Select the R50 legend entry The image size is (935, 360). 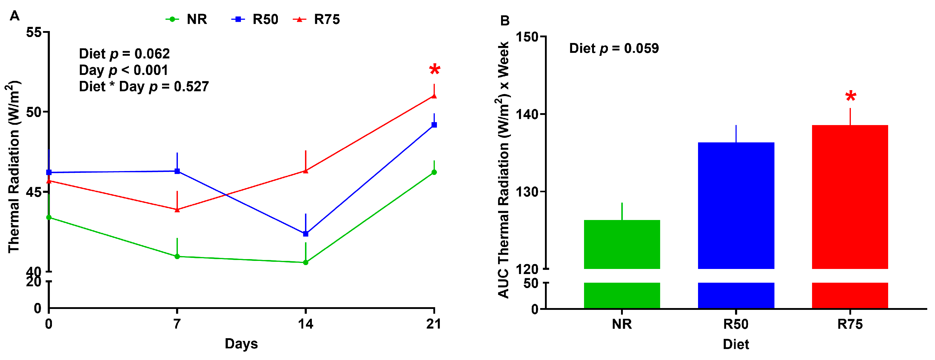pyautogui.click(x=255, y=19)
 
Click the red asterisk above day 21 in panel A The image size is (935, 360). pyautogui.click(x=435, y=70)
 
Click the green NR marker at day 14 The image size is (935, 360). pyautogui.click(x=306, y=262)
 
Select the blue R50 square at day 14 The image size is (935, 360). pyautogui.click(x=306, y=234)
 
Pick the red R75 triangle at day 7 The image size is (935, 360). pyautogui.click(x=177, y=209)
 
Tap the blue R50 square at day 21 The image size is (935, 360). pyautogui.click(x=434, y=125)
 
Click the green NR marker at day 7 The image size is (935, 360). pyautogui.click(x=177, y=256)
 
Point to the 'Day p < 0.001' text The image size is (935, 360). pyautogui.click(x=124, y=70)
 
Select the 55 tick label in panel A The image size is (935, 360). pyautogui.click(x=34, y=32)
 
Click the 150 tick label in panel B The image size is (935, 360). pyautogui.click(x=527, y=37)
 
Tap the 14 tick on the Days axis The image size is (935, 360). pyautogui.click(x=306, y=323)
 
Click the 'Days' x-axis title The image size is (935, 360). pyautogui.click(x=241, y=343)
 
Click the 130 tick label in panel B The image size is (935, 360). pyautogui.click(x=527, y=192)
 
